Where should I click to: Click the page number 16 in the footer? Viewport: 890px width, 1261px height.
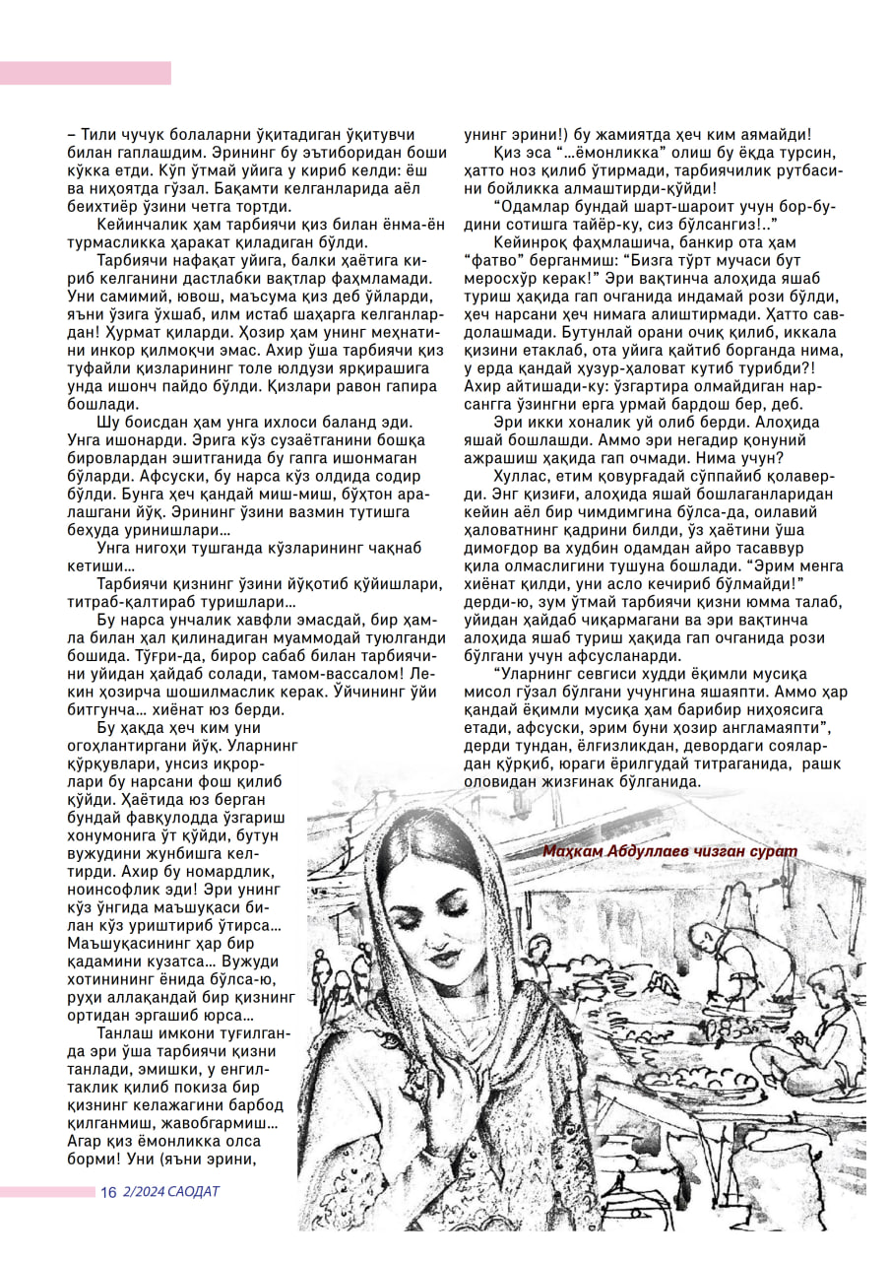108,1192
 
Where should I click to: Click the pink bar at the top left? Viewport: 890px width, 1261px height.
86,72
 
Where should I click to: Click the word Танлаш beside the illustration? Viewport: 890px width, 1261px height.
124,1032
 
